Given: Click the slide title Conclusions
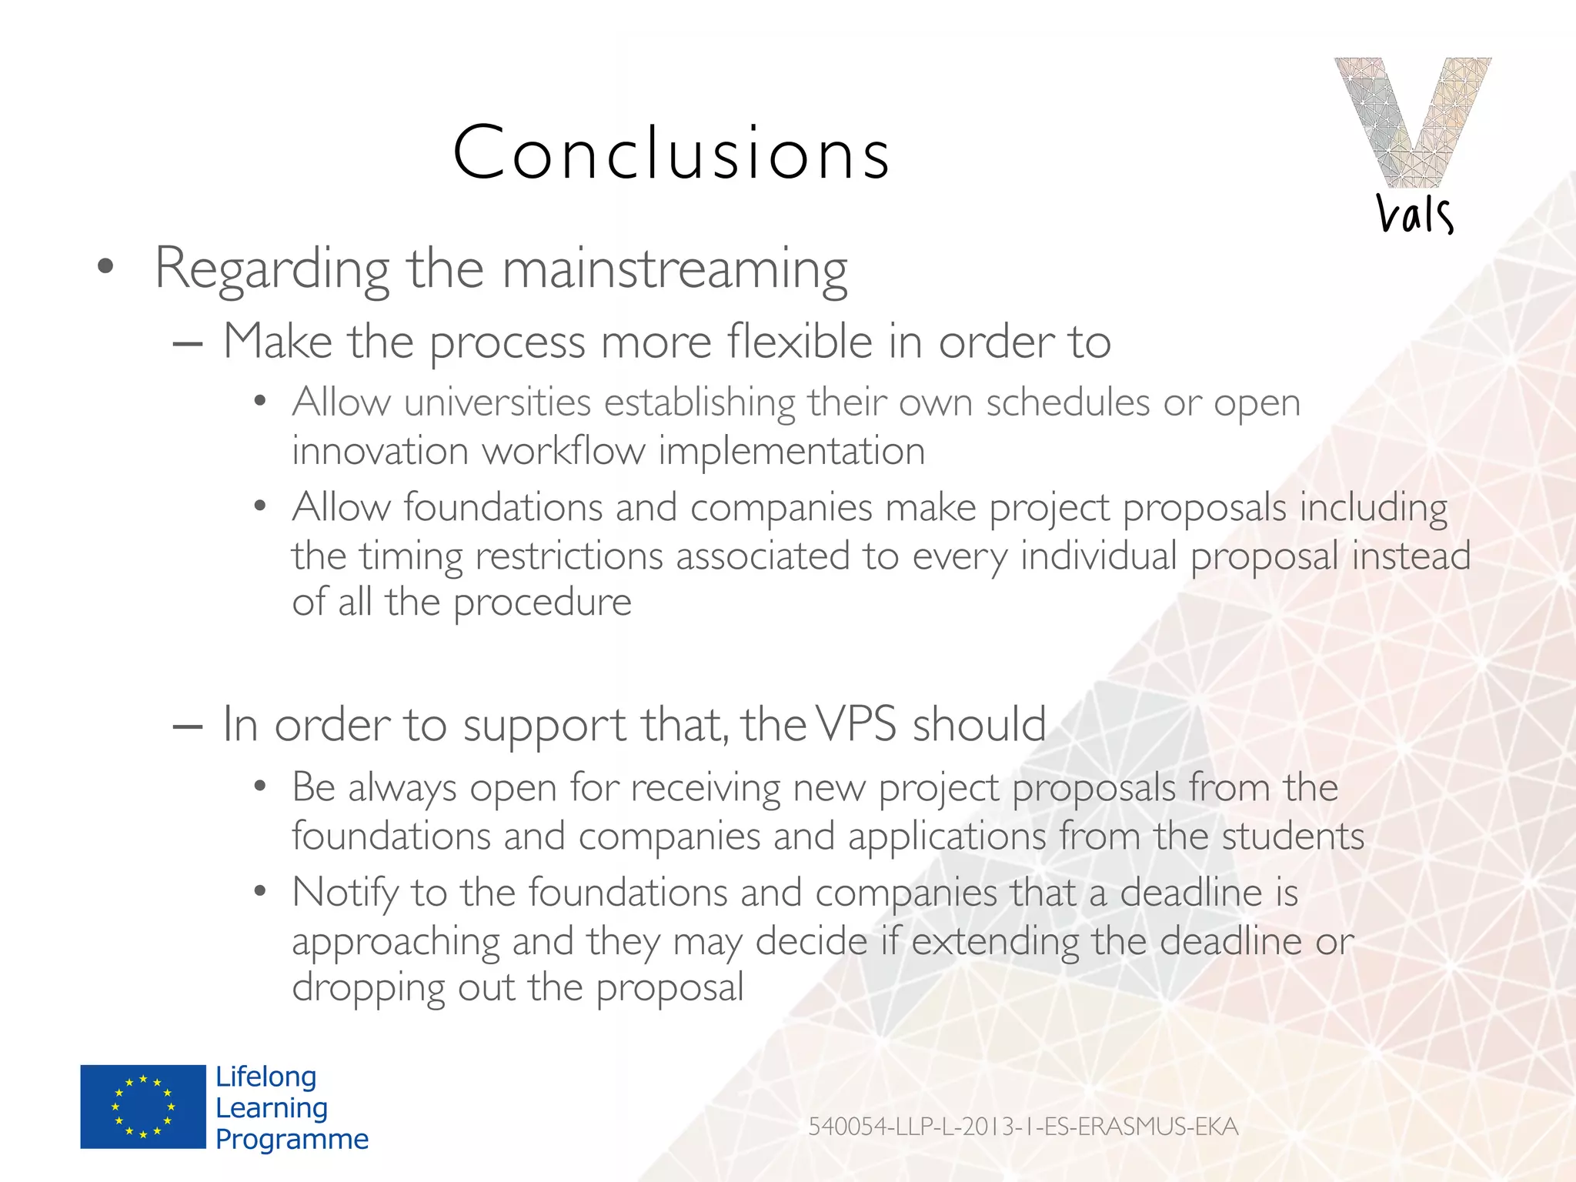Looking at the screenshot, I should pos(671,153).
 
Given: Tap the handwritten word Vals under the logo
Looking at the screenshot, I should pos(1414,214).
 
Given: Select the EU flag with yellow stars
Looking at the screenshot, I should pos(143,1107).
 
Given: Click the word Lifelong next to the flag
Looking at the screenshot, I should pos(265,1077).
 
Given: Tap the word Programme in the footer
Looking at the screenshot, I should pos(292,1139).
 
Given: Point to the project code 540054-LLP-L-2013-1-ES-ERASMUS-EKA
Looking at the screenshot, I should pos(1023,1127).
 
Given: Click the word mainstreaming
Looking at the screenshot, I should pos(675,269).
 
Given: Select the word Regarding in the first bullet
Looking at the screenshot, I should pos(272,269).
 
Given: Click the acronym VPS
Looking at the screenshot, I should pos(856,725).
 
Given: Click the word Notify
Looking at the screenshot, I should pos(345,893).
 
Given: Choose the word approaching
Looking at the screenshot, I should pos(396,942).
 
